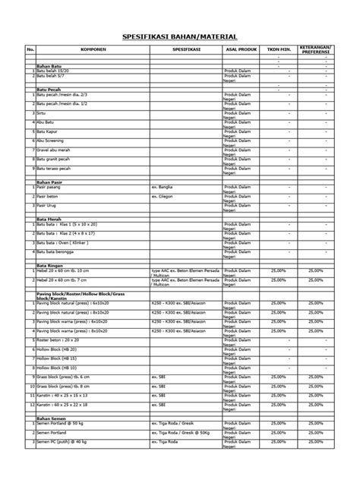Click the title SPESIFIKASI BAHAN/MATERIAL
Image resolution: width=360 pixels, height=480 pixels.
pyautogui.click(x=180, y=36)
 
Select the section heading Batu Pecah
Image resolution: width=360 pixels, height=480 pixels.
pyautogui.click(x=49, y=89)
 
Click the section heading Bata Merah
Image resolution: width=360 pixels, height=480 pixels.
pyautogui.click(x=49, y=219)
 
